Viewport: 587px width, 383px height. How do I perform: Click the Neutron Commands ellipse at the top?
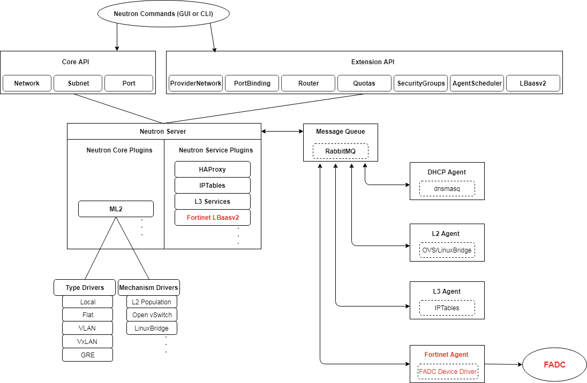(x=164, y=14)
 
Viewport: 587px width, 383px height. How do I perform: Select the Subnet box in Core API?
(x=78, y=83)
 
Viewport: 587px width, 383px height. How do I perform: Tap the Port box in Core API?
(x=129, y=83)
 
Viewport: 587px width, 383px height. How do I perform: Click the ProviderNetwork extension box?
(x=195, y=83)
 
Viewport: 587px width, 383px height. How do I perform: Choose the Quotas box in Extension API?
(x=364, y=83)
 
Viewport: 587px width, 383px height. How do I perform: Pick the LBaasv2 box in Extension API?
(x=533, y=83)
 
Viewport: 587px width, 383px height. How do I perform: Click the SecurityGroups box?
(x=420, y=83)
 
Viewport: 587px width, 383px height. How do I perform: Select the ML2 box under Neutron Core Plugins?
(x=116, y=209)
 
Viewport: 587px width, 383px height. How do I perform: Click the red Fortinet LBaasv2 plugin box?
(x=213, y=218)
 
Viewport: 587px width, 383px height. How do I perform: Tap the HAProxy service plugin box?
(x=213, y=170)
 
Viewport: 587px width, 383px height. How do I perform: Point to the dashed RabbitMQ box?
(x=340, y=151)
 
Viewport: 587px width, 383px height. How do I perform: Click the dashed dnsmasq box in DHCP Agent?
(x=447, y=188)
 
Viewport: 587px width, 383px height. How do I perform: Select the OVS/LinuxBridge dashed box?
(x=447, y=250)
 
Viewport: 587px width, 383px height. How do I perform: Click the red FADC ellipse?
(x=554, y=365)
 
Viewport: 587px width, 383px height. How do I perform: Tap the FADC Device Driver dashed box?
(x=447, y=372)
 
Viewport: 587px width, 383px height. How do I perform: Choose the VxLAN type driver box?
(x=87, y=341)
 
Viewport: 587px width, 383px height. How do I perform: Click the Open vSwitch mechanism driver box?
(x=152, y=315)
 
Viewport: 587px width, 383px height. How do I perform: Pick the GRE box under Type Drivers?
(x=87, y=355)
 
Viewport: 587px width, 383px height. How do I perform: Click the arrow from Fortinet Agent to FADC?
(x=503, y=364)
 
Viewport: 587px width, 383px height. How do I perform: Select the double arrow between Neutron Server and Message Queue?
(x=282, y=131)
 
